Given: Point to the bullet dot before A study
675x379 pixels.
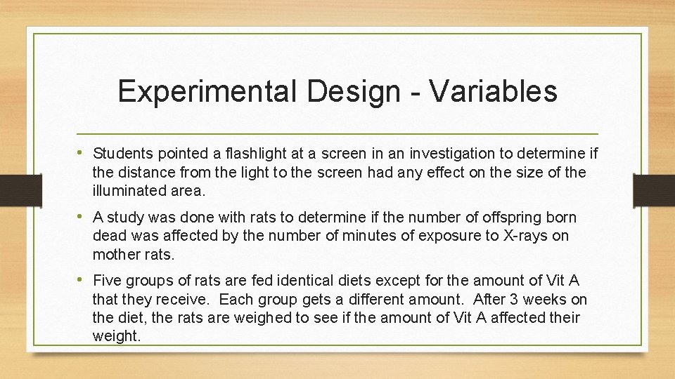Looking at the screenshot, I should (84, 217).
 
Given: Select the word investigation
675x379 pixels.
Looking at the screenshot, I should (444, 153).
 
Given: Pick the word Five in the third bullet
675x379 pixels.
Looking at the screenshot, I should (107, 281).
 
